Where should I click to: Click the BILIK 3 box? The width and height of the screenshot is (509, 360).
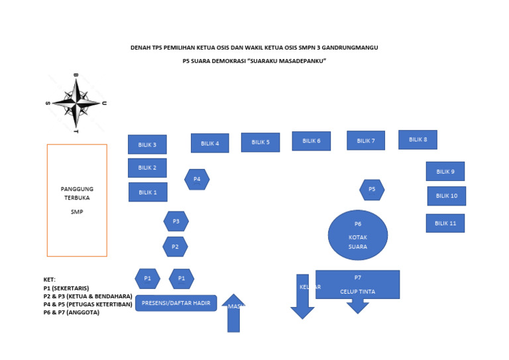147,145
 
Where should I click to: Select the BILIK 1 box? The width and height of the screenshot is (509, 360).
148,192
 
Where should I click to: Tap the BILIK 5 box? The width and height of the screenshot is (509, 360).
260,142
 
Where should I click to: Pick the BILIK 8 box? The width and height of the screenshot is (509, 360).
418,139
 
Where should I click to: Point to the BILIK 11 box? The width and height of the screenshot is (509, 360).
445,223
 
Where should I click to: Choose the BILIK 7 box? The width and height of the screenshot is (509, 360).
366,141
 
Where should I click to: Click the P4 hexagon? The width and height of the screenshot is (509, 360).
197,179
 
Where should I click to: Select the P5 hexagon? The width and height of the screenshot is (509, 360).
372,190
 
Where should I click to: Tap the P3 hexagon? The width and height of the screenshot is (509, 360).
176,221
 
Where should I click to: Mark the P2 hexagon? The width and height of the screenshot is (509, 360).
175,247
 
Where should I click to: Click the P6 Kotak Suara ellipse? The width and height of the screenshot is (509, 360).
358,235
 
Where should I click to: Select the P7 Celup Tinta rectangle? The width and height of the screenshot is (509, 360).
358,284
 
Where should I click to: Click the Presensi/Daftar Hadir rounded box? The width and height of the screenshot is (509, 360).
176,303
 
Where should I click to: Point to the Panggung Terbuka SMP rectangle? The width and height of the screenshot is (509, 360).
77,200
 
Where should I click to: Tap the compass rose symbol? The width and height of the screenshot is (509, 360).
76,103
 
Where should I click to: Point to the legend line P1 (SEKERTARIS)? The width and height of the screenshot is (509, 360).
66,288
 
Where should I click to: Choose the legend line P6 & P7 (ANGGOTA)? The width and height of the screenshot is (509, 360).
72,312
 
